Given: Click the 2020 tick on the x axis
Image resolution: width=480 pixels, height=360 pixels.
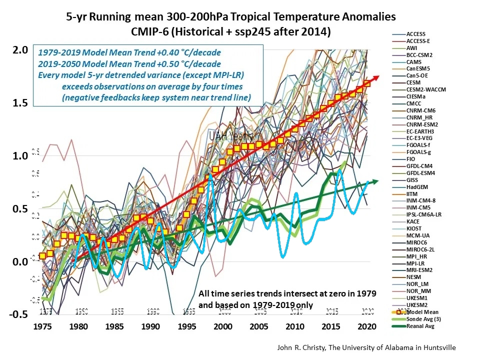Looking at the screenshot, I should pyautogui.click(x=367, y=326).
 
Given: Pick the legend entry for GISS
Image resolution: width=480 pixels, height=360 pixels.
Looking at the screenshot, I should pyautogui.click(x=413, y=179).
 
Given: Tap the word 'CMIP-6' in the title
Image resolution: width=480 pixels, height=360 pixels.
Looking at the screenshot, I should pyautogui.click(x=150, y=31).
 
